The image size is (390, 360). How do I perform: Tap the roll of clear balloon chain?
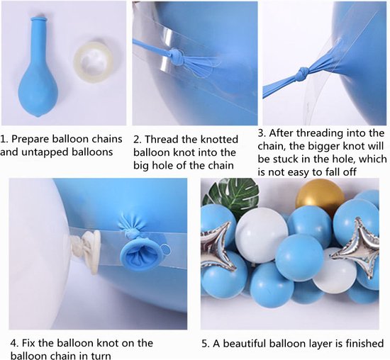pos(94,62)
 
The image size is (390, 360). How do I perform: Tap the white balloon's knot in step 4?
pos(85,251)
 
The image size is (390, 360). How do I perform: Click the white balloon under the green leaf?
pos(262,235)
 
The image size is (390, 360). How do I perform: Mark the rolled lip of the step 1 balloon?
pos(39,19)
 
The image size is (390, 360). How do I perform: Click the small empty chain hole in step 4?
pos(164,248)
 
